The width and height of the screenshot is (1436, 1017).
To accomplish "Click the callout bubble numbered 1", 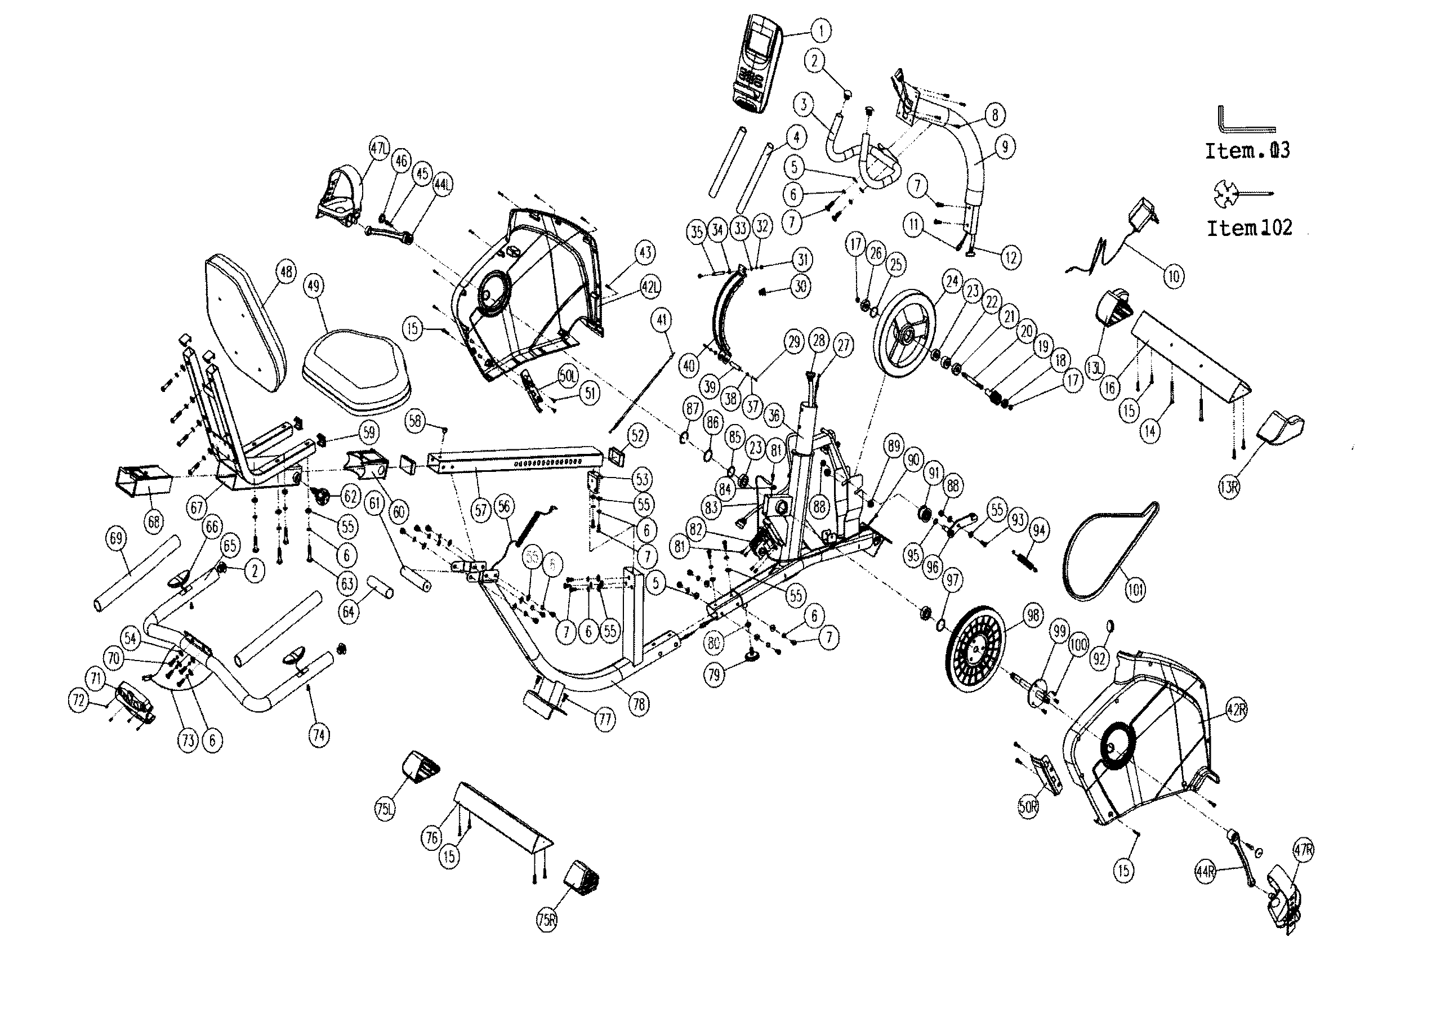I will (x=820, y=30).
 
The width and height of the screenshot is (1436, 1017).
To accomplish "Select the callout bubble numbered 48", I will (x=286, y=272).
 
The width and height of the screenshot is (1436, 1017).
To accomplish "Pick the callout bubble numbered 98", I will (x=1032, y=615).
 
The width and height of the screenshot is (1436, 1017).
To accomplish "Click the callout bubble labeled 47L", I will (x=380, y=150).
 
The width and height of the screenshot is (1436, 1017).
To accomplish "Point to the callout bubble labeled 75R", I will (x=547, y=920).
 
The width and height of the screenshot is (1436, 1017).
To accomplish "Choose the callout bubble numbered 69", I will (x=117, y=538).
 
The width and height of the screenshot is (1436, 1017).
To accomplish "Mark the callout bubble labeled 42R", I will (x=1236, y=710).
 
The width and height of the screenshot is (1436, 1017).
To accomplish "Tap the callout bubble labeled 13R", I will (x=1229, y=488).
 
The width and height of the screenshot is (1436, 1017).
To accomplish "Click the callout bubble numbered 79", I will (x=715, y=675).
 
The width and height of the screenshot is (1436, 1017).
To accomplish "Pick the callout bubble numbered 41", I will (x=661, y=320).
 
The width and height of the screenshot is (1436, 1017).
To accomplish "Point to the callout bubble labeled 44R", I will (x=1206, y=872).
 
